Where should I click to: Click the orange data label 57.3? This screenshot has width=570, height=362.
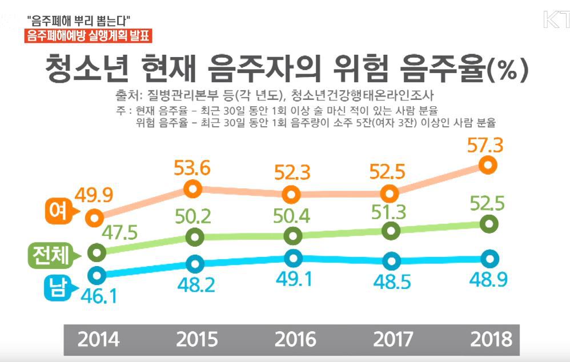tap(485, 146)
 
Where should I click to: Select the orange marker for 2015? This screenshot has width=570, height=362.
tap(192, 189)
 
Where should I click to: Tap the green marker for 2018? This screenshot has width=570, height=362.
tap(489, 224)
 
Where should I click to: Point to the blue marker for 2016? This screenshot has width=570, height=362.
tap(294, 259)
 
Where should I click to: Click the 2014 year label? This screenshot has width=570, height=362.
tap(98, 340)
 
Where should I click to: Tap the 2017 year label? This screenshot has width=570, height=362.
tap(393, 340)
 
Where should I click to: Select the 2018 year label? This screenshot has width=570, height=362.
tap(491, 340)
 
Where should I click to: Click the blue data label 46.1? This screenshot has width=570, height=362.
tap(99, 296)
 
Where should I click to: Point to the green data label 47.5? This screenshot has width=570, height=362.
tap(119, 232)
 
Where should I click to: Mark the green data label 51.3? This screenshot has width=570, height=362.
tap(388, 212)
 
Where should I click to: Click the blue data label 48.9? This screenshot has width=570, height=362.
tap(488, 280)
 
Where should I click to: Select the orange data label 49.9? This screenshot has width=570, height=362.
tap(94, 195)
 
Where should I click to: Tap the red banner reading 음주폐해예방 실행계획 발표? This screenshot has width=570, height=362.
tap(88, 36)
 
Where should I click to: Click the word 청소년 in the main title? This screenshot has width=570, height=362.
tap(87, 68)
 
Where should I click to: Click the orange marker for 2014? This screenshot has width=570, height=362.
tap(94, 218)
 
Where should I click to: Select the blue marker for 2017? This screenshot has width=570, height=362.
tap(392, 260)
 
